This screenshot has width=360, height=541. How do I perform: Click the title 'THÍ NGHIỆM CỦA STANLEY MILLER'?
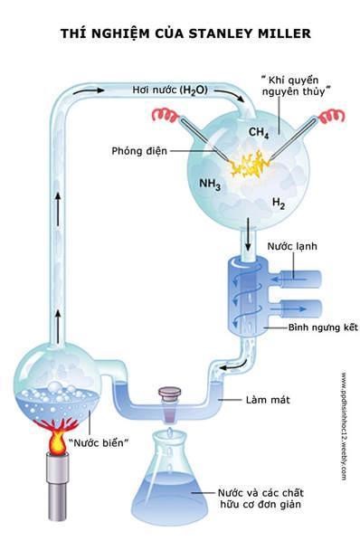click(185, 33)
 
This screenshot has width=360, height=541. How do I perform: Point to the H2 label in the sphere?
click(278, 205)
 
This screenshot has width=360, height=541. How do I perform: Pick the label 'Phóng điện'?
click(137, 150)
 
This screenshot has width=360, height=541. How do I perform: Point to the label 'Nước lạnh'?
click(289, 245)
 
